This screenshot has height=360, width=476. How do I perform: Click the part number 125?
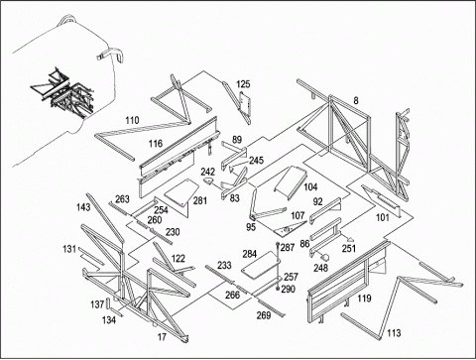click(243, 84)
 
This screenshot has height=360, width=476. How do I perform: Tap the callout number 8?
click(356, 100)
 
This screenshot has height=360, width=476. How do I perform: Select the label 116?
click(156, 143)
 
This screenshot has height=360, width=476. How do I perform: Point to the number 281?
click(200, 200)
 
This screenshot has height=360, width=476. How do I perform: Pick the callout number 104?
click(310, 187)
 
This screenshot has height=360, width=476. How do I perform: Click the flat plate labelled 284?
click(261, 264)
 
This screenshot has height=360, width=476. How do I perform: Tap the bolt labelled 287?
click(278, 245)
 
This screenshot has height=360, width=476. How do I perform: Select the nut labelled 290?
click(278, 289)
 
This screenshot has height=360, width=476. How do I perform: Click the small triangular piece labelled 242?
click(208, 180)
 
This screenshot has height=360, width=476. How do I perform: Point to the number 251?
click(349, 248)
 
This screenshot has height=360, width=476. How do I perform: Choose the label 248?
click(320, 268)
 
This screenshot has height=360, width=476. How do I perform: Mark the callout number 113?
click(394, 333)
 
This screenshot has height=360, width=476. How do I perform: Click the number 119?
click(364, 299)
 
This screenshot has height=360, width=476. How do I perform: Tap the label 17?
click(162, 337)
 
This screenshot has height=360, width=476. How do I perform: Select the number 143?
click(83, 207)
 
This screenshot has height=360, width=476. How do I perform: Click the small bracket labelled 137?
click(108, 303)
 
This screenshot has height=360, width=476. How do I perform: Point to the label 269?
click(264, 315)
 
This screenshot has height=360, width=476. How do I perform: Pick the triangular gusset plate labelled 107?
click(290, 228)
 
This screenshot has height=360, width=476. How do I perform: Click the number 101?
click(383, 217)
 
